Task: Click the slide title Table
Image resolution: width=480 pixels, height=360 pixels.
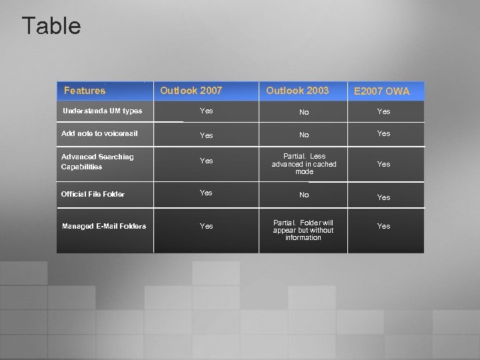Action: (x=51, y=27)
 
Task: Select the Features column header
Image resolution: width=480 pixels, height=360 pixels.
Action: (x=85, y=91)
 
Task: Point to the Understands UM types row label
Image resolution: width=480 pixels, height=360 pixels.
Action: (x=102, y=111)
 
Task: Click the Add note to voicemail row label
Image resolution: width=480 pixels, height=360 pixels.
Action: (x=99, y=133)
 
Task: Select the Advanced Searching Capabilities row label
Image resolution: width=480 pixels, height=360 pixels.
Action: (x=97, y=161)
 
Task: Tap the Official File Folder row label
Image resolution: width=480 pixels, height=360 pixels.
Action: (x=93, y=194)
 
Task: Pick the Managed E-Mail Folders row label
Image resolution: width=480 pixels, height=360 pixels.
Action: (x=104, y=226)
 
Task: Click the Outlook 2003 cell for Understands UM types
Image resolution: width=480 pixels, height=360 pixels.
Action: (x=304, y=112)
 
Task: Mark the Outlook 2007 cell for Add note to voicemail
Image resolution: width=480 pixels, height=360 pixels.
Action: (x=207, y=135)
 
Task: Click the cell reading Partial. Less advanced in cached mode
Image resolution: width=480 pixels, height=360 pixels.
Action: (x=304, y=164)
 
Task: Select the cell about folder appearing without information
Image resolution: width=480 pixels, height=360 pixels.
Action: (x=303, y=230)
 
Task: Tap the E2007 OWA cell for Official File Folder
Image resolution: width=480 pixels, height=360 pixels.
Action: (x=384, y=197)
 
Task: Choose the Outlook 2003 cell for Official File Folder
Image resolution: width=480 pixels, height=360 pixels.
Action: (x=304, y=195)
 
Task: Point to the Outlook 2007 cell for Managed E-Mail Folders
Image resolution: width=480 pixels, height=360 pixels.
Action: (x=207, y=226)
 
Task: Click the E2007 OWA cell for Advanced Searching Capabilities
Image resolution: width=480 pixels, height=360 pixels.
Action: (x=384, y=164)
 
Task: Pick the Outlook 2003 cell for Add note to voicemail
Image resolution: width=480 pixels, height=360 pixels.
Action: (x=304, y=135)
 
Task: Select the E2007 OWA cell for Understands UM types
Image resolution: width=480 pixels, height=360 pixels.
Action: (x=384, y=111)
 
